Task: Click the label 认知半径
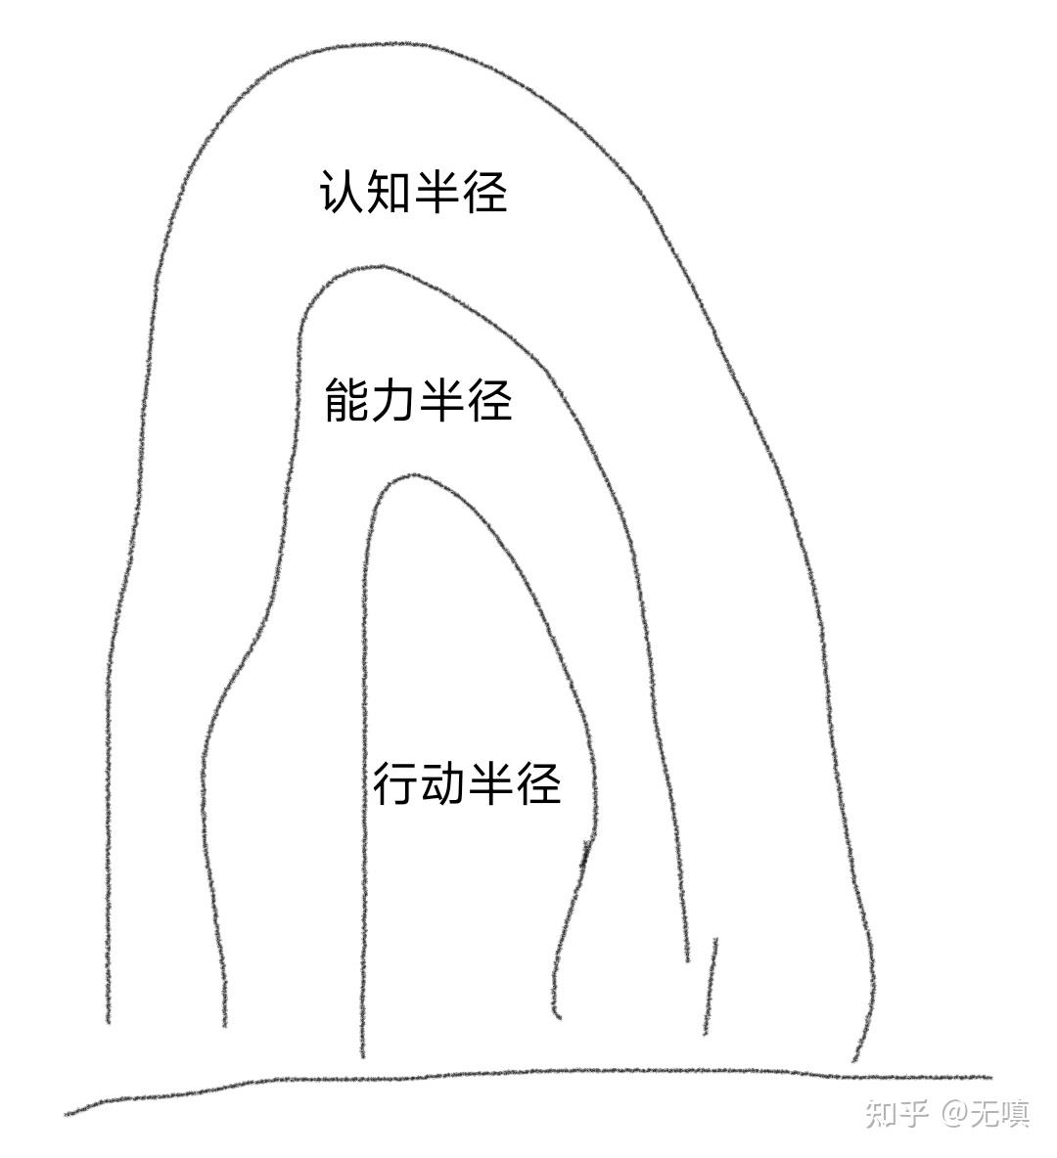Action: pos(413,192)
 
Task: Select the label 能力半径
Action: pos(418,400)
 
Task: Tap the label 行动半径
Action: pos(467,783)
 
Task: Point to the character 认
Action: pos(342,192)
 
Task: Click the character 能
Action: pos(347,400)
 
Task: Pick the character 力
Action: pos(394,400)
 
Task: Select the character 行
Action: pos(395,783)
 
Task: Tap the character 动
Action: pos(442,783)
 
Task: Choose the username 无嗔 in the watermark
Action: pos(1000,1112)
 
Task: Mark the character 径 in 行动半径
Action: pos(538,783)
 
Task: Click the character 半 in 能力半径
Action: pos(441,400)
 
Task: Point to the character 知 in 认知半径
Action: pos(389,192)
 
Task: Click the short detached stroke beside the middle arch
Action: pos(710,986)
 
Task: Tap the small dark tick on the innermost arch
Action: pos(586,854)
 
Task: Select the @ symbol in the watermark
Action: pos(953,1112)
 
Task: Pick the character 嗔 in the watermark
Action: pos(1015,1112)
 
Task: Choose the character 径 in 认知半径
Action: pos(484,192)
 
